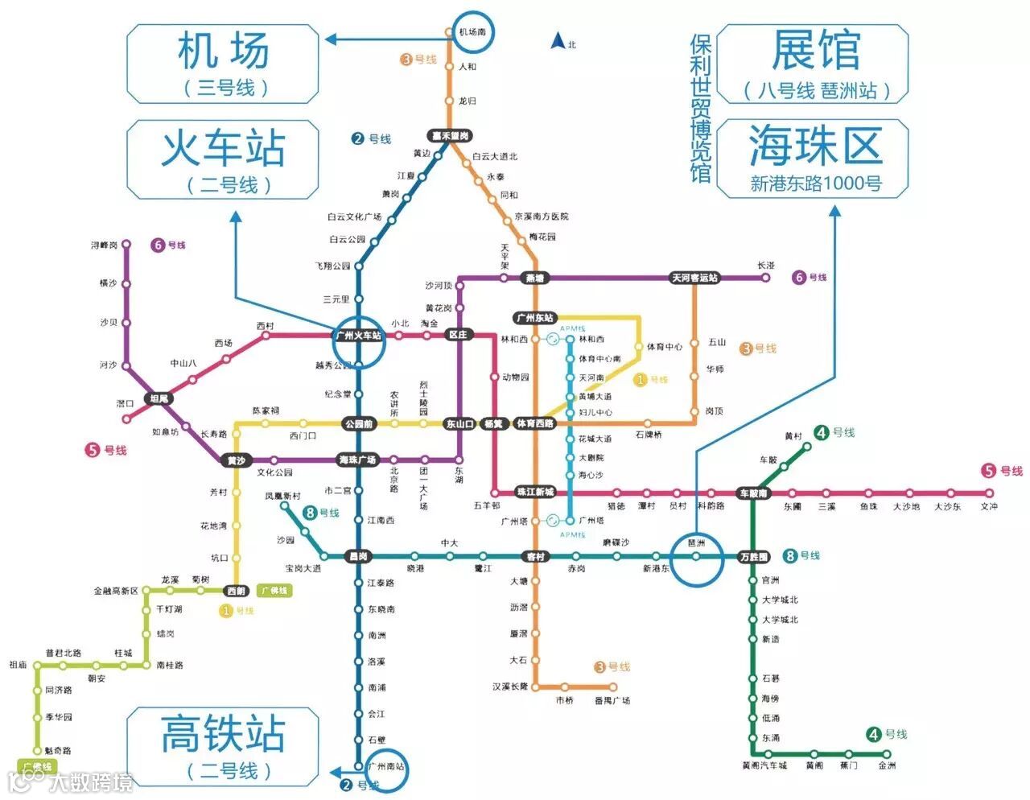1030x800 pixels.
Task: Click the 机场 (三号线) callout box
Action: click(223, 64)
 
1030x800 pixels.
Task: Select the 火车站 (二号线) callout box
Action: click(223, 159)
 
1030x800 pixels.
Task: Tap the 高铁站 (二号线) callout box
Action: click(223, 747)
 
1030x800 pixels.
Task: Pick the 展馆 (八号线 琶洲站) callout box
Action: click(813, 64)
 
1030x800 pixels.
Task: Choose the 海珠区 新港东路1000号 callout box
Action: click(813, 159)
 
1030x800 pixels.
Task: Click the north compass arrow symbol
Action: click(556, 41)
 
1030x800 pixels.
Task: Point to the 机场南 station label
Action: click(472, 32)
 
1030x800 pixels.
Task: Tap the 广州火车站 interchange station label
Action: click(359, 336)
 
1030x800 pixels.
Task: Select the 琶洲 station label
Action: click(697, 544)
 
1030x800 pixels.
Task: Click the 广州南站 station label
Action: click(386, 766)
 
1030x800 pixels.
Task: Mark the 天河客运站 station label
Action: click(695, 278)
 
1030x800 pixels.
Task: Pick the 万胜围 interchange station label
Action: click(754, 557)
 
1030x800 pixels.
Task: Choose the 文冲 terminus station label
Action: click(989, 506)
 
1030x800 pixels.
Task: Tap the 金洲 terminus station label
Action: click(887, 765)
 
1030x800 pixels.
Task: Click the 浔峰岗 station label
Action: click(105, 245)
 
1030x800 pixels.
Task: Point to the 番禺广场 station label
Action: click(612, 701)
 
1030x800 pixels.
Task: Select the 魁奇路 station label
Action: click(58, 750)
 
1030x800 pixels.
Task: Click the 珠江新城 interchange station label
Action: click(535, 492)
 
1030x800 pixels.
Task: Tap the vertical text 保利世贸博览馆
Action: click(701, 109)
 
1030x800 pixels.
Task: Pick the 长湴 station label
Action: click(765, 266)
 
